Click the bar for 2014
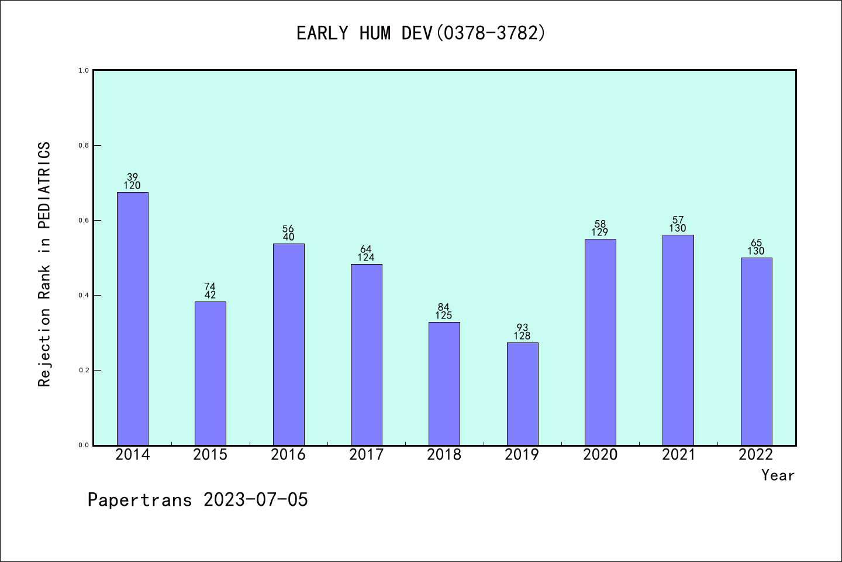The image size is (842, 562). click(132, 318)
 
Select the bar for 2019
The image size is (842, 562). click(522, 393)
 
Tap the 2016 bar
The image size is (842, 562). click(288, 344)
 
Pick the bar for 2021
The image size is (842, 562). click(678, 340)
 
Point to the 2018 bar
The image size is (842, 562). click(444, 383)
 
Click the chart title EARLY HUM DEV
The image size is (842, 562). click(421, 33)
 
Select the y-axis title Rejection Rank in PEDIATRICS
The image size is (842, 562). click(44, 264)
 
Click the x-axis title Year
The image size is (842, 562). click(778, 475)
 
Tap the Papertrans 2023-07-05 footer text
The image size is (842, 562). click(198, 500)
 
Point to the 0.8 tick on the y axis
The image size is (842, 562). click(84, 145)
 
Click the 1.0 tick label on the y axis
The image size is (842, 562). click(84, 70)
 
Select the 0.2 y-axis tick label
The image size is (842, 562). click(84, 370)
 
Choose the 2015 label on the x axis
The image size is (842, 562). click(210, 455)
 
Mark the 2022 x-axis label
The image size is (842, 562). click(755, 455)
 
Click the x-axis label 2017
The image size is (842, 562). click(366, 455)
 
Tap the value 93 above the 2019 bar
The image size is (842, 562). click(522, 328)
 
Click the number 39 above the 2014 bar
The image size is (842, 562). click(132, 177)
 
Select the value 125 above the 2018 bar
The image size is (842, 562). click(444, 316)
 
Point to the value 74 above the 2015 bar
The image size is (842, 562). click(210, 287)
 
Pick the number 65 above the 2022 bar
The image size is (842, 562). click(756, 243)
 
